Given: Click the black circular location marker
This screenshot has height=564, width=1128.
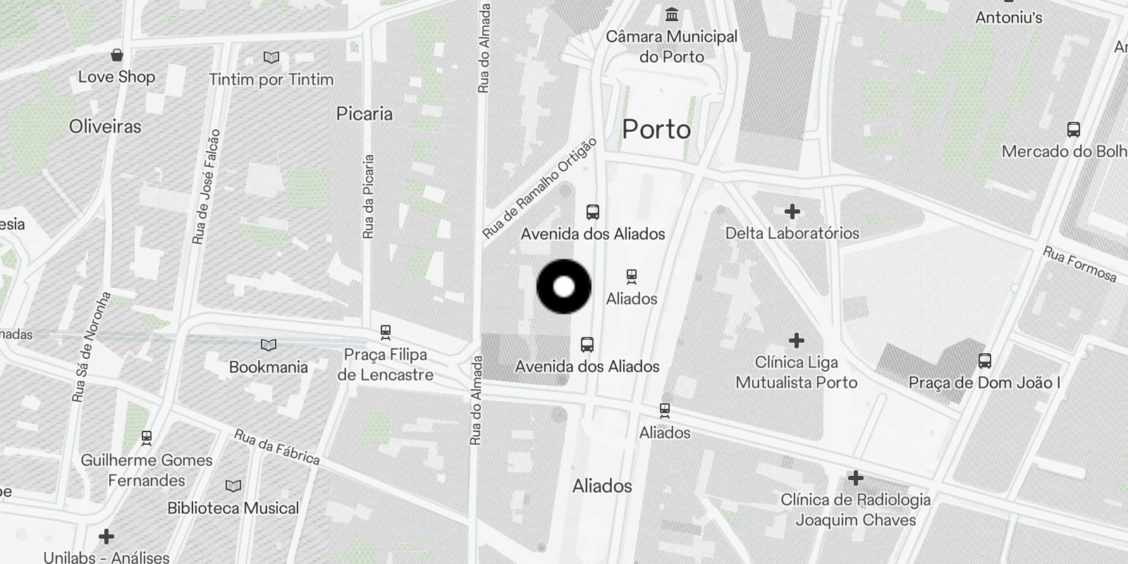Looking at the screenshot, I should click(563, 287).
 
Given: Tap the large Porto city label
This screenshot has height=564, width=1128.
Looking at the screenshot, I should click(656, 130).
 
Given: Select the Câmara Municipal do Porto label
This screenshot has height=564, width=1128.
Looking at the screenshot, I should click(671, 47).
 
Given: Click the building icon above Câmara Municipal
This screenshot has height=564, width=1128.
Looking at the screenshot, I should click(672, 14).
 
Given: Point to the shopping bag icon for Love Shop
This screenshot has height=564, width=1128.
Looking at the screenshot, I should click(117, 55).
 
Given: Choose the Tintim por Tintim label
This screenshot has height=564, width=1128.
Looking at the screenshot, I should click(271, 80).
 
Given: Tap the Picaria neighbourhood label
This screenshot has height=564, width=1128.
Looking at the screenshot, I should click(364, 114).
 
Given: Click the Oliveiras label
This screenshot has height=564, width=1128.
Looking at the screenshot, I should click(105, 127).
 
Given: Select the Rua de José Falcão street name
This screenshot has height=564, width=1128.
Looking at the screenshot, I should click(207, 187).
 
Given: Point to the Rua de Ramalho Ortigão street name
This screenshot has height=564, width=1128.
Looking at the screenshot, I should click(539, 188).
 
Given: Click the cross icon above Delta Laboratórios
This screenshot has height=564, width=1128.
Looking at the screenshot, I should click(792, 211).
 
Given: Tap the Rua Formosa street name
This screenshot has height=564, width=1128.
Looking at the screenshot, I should click(1079, 264).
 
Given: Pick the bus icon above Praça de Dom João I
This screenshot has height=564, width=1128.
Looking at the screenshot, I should click(985, 361).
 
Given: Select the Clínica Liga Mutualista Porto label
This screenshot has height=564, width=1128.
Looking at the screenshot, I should click(796, 372).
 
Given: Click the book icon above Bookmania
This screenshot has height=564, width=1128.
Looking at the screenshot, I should click(269, 345).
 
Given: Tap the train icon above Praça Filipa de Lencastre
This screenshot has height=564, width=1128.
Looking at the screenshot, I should click(385, 331).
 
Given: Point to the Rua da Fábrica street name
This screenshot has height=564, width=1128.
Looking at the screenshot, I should click(276, 447).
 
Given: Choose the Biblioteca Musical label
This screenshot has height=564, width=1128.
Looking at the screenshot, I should click(233, 508).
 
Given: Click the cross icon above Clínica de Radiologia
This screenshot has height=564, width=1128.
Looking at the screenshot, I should click(855, 478).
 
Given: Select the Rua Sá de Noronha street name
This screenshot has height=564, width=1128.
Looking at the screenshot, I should click(92, 346).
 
